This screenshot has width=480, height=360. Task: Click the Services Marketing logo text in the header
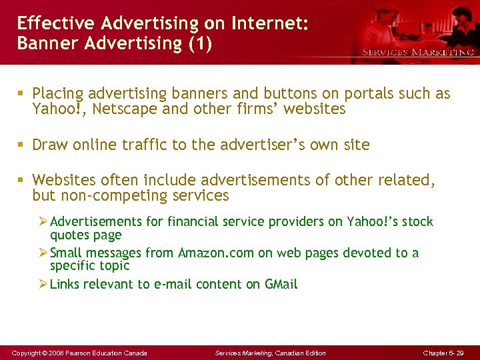point(418,52)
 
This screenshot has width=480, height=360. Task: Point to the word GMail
point(281,284)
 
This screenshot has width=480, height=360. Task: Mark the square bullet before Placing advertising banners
point(23,94)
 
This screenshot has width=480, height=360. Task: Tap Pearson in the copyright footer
point(80,353)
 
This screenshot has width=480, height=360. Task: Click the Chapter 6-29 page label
point(443,353)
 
